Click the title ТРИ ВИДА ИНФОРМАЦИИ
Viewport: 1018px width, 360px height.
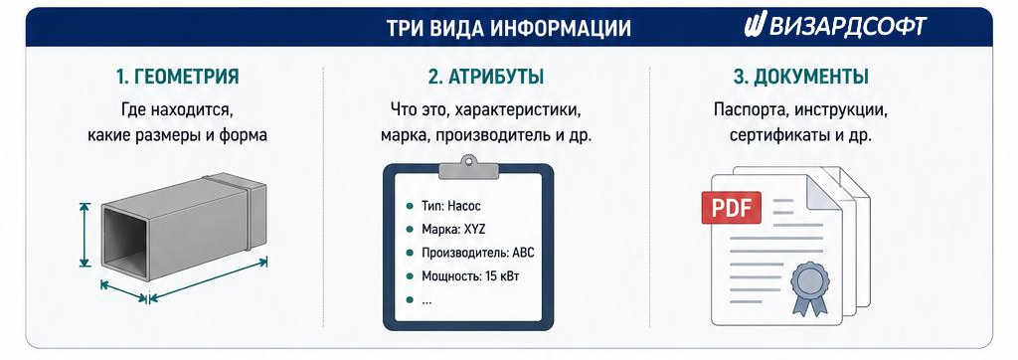point(508,28)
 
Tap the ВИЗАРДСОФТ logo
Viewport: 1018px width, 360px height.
point(835,26)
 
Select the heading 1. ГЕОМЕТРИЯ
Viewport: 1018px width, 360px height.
point(178,77)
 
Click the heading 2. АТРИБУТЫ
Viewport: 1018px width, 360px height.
point(485,77)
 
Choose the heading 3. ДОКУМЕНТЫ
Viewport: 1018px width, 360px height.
point(800,77)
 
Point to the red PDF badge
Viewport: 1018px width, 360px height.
point(732,208)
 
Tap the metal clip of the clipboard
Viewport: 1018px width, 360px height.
point(469,167)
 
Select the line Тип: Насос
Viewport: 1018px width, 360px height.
point(451,207)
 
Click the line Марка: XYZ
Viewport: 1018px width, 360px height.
point(453,230)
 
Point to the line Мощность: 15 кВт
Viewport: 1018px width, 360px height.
point(470,276)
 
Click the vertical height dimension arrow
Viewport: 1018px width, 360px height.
point(85,235)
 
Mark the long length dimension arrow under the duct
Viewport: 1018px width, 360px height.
point(209,280)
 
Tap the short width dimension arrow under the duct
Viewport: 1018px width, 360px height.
point(123,291)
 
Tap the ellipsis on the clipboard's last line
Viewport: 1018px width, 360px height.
point(425,301)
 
